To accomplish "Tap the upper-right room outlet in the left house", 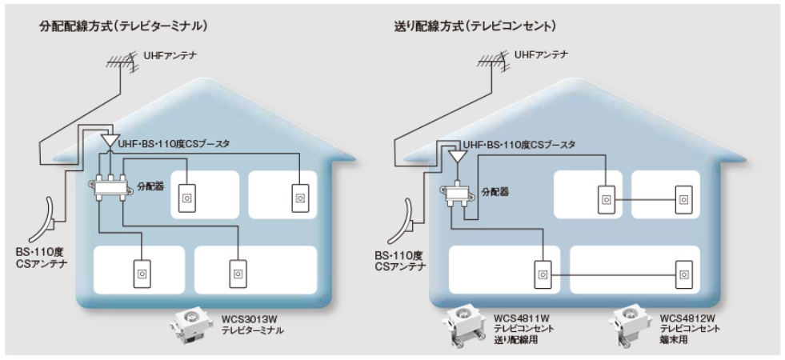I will coord(300,195).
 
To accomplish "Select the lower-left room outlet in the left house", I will coord(142,272).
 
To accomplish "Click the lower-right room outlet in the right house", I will coord(685,274).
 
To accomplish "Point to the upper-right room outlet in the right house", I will coord(685,197).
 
